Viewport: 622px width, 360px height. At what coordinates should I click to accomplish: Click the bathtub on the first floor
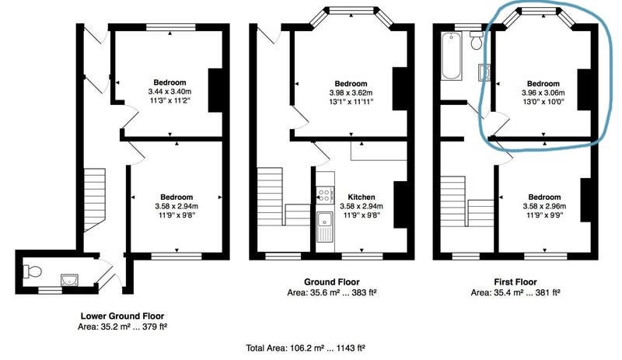click(452, 55)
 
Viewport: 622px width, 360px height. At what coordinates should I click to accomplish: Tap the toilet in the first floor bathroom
click(477, 40)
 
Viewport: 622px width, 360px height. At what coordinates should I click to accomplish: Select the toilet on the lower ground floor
click(33, 271)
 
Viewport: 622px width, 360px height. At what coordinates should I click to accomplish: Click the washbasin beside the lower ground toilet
click(70, 280)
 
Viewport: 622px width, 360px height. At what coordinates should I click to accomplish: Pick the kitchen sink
click(325, 225)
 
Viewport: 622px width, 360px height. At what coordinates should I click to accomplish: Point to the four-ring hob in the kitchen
click(325, 195)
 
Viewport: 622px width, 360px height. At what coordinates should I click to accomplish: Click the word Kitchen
click(362, 197)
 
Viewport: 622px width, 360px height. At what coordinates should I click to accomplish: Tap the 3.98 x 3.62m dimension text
click(351, 93)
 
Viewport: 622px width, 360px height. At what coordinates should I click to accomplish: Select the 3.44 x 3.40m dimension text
click(169, 92)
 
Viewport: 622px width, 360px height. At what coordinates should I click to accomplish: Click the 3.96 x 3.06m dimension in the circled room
click(543, 93)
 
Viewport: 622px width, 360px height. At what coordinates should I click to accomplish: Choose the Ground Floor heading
click(332, 282)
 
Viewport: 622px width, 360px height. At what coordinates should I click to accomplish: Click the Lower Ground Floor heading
click(122, 316)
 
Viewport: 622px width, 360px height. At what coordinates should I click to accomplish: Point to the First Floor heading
click(515, 282)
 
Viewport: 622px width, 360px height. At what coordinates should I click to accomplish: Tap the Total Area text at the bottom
click(306, 348)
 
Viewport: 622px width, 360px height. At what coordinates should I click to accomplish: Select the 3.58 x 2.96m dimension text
click(544, 206)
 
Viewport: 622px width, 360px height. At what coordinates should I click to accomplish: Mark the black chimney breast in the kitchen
click(400, 204)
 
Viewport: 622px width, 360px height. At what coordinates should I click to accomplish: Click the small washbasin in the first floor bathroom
click(484, 72)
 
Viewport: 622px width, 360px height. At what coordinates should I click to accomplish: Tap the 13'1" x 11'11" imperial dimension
click(351, 102)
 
